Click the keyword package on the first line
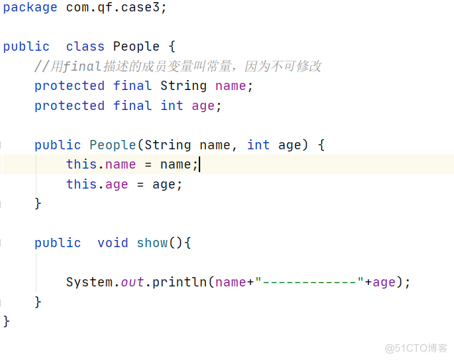click(30, 7)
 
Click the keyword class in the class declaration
click(85, 46)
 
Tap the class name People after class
click(137, 46)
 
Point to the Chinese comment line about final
click(178, 66)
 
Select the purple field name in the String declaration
click(230, 86)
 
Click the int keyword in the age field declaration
click(172, 106)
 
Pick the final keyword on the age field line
click(132, 106)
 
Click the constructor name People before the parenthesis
click(113, 145)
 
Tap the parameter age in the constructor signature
click(290, 145)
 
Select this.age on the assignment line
click(97, 184)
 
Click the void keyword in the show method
click(113, 243)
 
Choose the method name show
click(152, 243)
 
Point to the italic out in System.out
click(132, 282)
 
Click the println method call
click(179, 282)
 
